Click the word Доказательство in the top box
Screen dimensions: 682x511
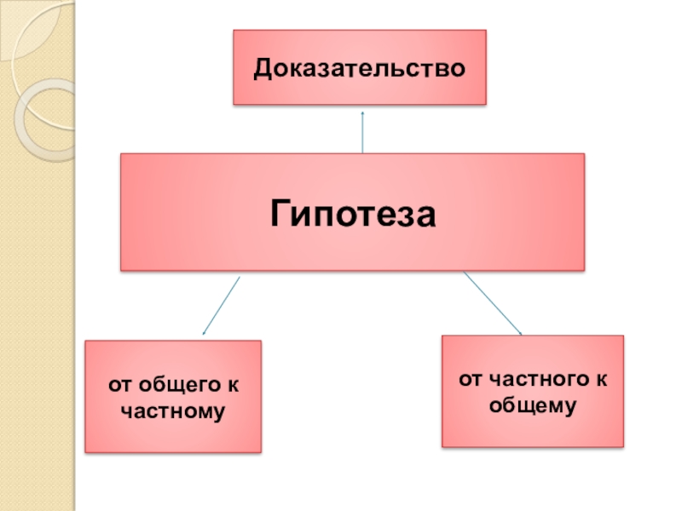359,67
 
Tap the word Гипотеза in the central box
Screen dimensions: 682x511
353,211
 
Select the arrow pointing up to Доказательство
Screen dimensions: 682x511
363,132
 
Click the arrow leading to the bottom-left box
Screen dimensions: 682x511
221,305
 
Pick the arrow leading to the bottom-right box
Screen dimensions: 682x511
492,302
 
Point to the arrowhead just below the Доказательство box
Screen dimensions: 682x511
363,112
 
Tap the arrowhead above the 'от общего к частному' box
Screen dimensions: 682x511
204,332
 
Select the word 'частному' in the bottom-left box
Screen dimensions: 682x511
173,411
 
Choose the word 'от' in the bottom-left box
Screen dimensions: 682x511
119,386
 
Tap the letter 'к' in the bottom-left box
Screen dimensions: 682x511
234,386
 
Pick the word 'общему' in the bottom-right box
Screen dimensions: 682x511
533,405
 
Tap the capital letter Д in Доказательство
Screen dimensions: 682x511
263,67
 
